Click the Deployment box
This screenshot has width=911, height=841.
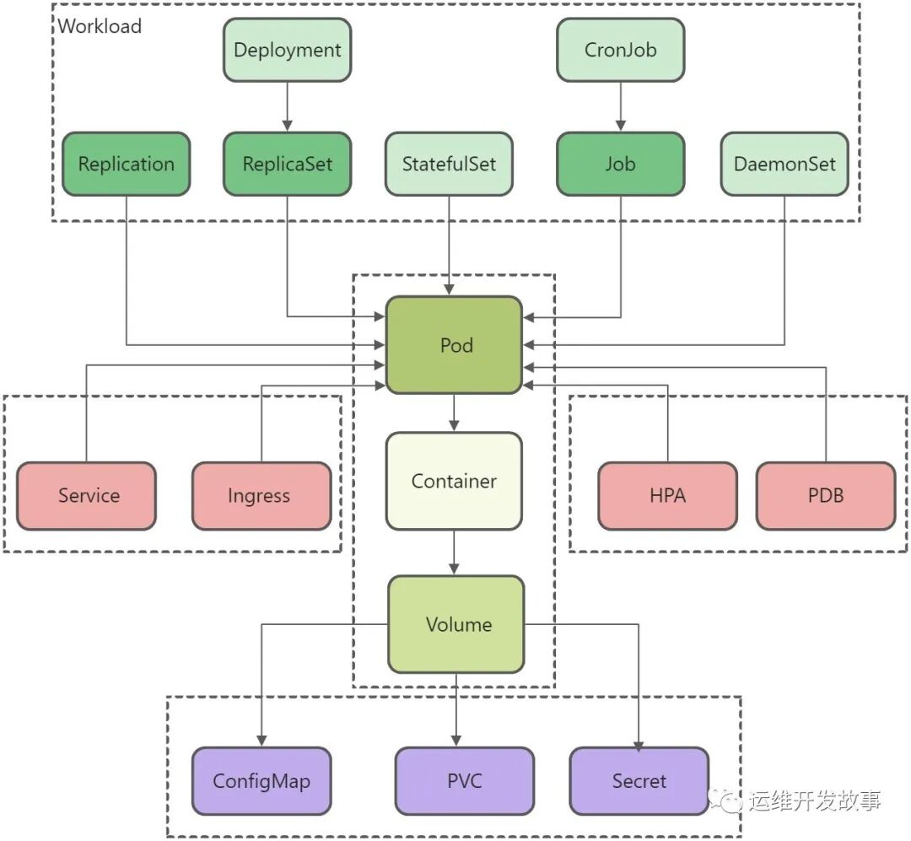(287, 50)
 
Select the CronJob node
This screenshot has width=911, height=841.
(620, 50)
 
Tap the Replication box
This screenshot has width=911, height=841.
(127, 164)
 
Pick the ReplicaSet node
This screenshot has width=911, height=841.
(287, 164)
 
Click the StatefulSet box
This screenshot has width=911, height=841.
(449, 164)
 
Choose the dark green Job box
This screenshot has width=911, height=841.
(620, 164)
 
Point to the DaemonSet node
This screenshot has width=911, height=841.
(784, 164)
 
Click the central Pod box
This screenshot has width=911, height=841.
(455, 345)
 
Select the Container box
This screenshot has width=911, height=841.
(454, 481)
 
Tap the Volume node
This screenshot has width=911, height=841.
(456, 624)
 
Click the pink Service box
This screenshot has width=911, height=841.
(87, 496)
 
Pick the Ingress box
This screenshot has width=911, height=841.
(261, 496)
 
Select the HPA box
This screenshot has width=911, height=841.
(667, 496)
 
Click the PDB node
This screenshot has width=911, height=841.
(825, 496)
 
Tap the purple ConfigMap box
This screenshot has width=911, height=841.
(261, 781)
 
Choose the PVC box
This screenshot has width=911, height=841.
(464, 781)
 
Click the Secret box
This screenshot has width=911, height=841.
(639, 781)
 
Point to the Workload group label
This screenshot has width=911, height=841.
(100, 26)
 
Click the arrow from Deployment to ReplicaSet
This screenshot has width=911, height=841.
(287, 106)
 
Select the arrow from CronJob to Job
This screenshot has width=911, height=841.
(620, 106)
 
